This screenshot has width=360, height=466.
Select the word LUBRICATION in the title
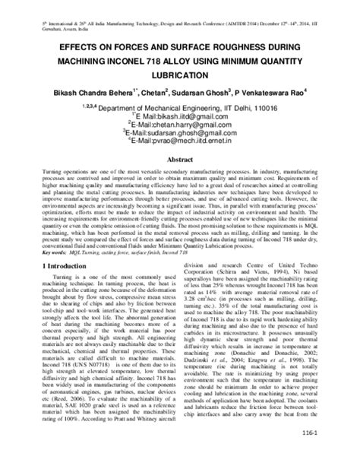[179, 76]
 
